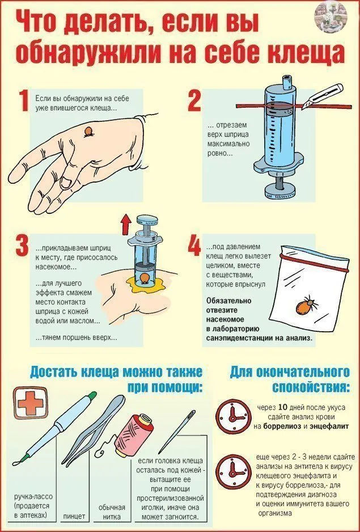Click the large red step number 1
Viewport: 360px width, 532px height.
pos(24,100)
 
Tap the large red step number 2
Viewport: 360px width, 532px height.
pos(194,100)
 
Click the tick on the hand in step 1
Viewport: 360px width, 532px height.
pos(89,132)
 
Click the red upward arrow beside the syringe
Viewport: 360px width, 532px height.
pos(126,224)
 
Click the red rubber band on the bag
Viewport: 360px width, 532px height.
pos(314,262)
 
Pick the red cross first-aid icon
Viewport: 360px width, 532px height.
pos(31,403)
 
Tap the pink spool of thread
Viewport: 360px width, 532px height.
pos(133,435)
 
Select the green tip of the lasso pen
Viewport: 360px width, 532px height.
pos(92,395)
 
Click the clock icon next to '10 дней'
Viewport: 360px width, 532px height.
pos(234,416)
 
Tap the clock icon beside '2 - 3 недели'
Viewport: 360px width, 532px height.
pos(234,472)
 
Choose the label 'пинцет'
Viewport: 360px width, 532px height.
pos(74,516)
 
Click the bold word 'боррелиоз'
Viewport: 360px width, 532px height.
pos(282,426)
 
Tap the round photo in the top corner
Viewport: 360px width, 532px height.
pos(331,15)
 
